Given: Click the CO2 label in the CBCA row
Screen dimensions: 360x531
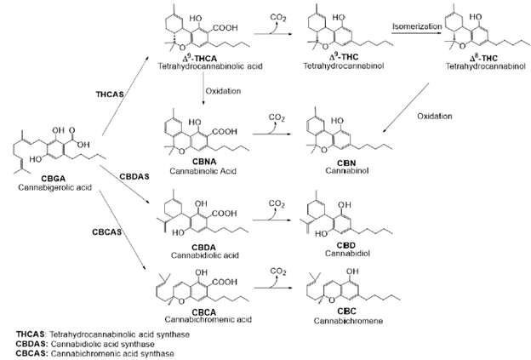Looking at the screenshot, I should click(x=275, y=272).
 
